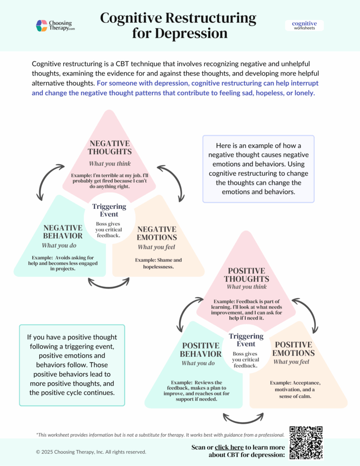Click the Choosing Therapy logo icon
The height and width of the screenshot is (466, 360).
coord(42,25)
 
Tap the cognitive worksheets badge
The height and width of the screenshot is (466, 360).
coord(304,25)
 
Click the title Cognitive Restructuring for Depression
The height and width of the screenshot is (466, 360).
coord(178,25)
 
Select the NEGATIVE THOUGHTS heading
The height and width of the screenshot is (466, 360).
coord(109,147)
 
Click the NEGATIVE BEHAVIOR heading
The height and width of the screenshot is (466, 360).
coord(63,232)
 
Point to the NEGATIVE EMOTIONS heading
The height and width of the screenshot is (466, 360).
coord(157,233)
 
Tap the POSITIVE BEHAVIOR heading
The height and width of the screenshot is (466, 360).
coord(201,349)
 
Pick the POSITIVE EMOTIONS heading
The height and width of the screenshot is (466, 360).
coord(294,349)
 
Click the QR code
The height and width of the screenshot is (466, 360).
coord(306,442)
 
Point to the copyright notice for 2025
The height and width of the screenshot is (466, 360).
coord(91,452)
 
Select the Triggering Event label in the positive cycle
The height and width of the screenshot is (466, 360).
coord(246,340)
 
